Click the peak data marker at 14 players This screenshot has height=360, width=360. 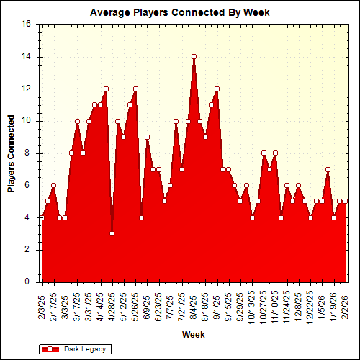(194, 56)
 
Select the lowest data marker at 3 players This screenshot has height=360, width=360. (112, 233)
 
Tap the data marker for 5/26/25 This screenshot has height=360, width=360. (135, 89)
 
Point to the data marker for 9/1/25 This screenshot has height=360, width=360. (217, 89)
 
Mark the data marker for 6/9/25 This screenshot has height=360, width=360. (147, 137)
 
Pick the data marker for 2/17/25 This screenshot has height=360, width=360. (53, 185)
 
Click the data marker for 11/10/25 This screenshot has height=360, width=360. (275, 153)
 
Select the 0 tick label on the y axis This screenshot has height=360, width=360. (28, 282)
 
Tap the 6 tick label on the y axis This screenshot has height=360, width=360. (28, 185)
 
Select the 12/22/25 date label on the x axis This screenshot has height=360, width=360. (310, 307)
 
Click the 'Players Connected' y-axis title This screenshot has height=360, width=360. (12, 153)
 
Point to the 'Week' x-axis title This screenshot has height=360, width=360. (193, 334)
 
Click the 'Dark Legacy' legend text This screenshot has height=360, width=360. (85, 349)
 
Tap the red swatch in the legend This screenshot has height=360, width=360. (50, 349)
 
